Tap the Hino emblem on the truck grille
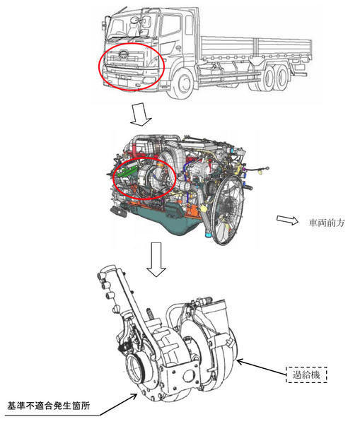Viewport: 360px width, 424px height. pos(124,54)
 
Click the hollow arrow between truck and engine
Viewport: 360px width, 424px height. pos(141,114)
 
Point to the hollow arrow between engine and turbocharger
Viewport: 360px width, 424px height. pos(156,259)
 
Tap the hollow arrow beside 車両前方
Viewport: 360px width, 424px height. pos(287,220)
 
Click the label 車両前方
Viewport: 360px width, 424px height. pos(327,223)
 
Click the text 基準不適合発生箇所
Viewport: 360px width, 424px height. pos(48,406)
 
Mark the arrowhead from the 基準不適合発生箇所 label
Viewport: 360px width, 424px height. pos(135,395)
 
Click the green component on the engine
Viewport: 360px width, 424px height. pos(127,171)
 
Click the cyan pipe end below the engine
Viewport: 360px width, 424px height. pos(209,234)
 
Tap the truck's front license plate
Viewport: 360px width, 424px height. pos(122,81)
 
